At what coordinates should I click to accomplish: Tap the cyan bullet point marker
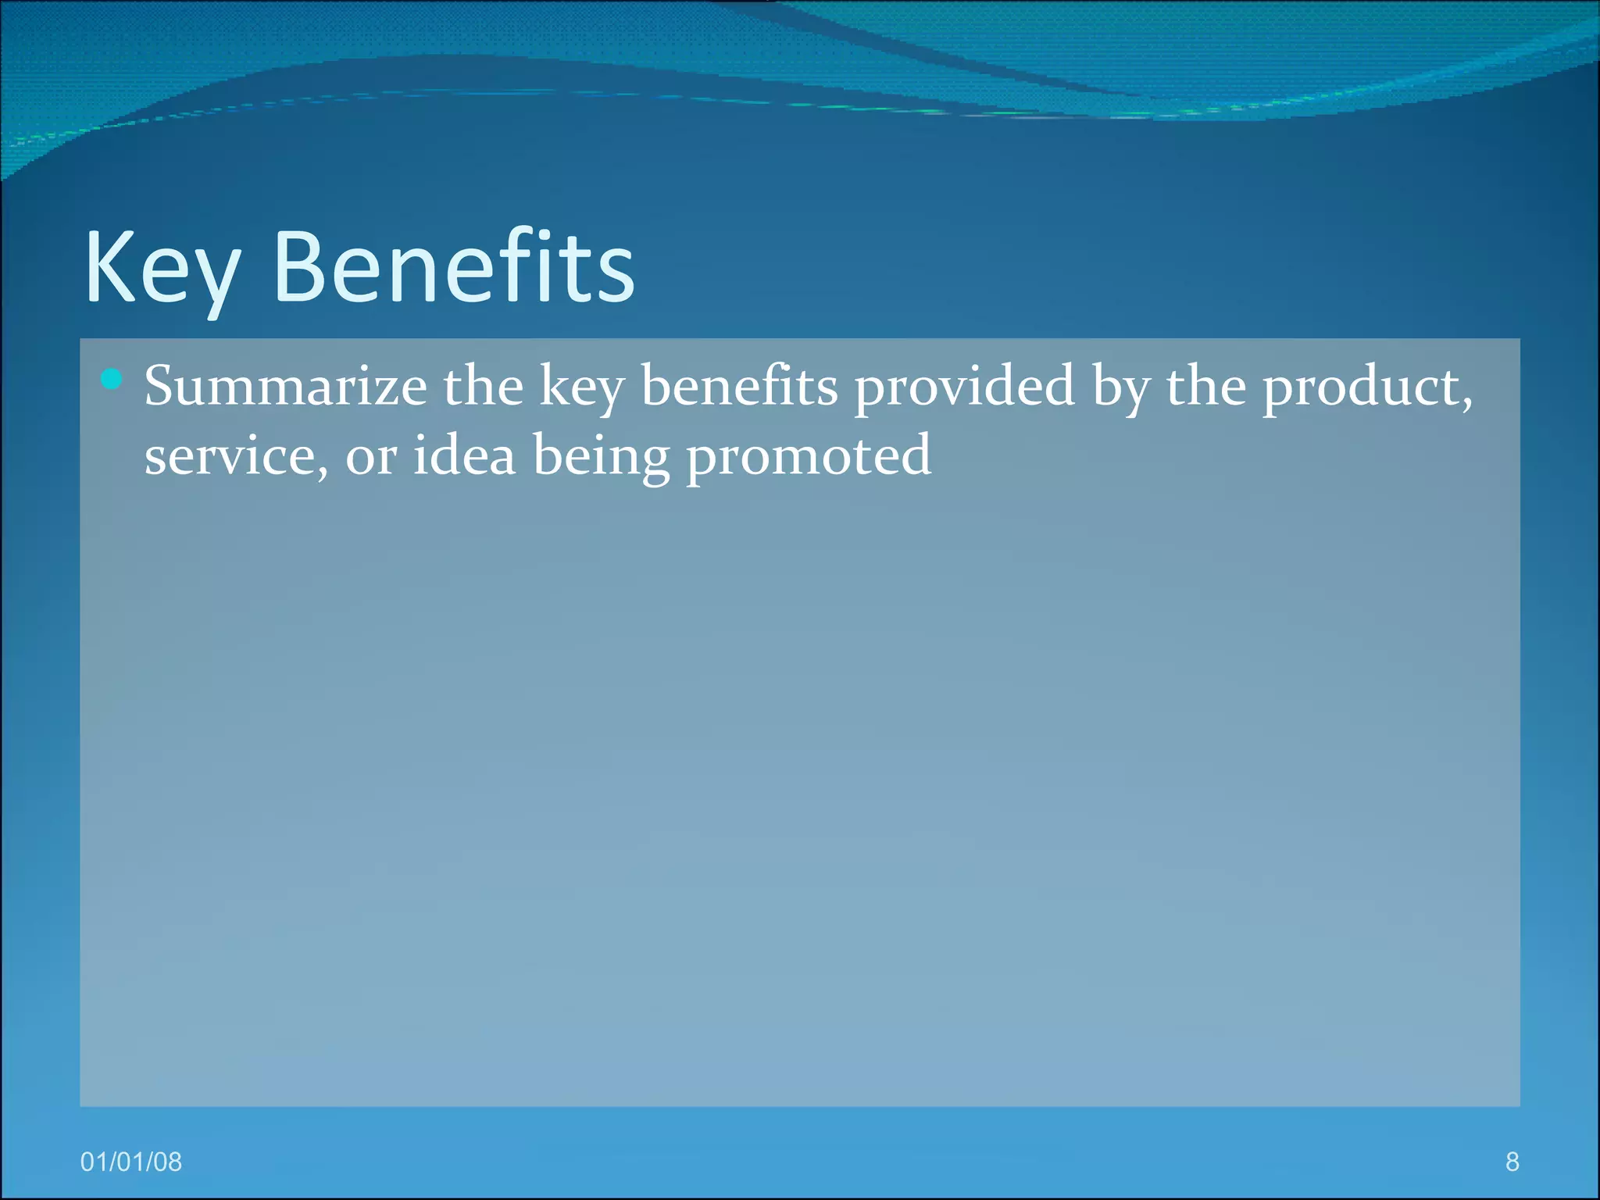[112, 380]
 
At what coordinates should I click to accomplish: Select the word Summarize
[285, 386]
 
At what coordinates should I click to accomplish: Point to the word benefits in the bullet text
[739, 386]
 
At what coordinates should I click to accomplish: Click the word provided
[964, 386]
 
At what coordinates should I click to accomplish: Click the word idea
[464, 455]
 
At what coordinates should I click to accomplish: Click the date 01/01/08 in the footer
[131, 1162]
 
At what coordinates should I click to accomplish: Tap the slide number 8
[1512, 1162]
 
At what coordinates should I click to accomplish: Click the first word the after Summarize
[483, 386]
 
